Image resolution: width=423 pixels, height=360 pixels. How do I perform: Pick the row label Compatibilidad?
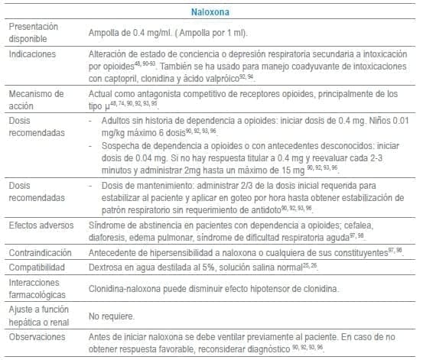click(x=37, y=268)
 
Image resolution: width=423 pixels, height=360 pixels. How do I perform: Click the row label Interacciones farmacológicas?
click(x=37, y=289)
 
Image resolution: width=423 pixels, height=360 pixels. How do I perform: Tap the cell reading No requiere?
click(x=111, y=315)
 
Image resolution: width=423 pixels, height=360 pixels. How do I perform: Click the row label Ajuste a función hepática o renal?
click(x=36, y=315)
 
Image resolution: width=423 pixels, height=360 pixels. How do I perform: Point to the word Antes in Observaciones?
click(x=101, y=335)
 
